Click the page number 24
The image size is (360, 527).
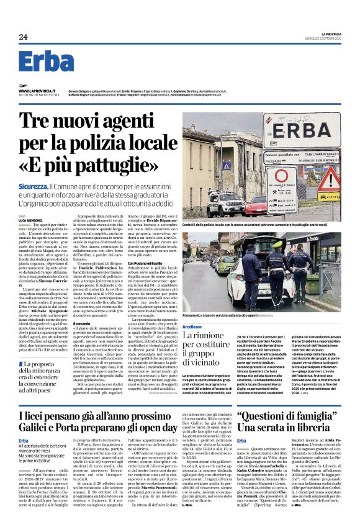click(x=23, y=37)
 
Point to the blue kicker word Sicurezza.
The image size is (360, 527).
click(x=33, y=186)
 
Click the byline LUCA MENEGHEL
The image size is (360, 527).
click(x=29, y=220)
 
